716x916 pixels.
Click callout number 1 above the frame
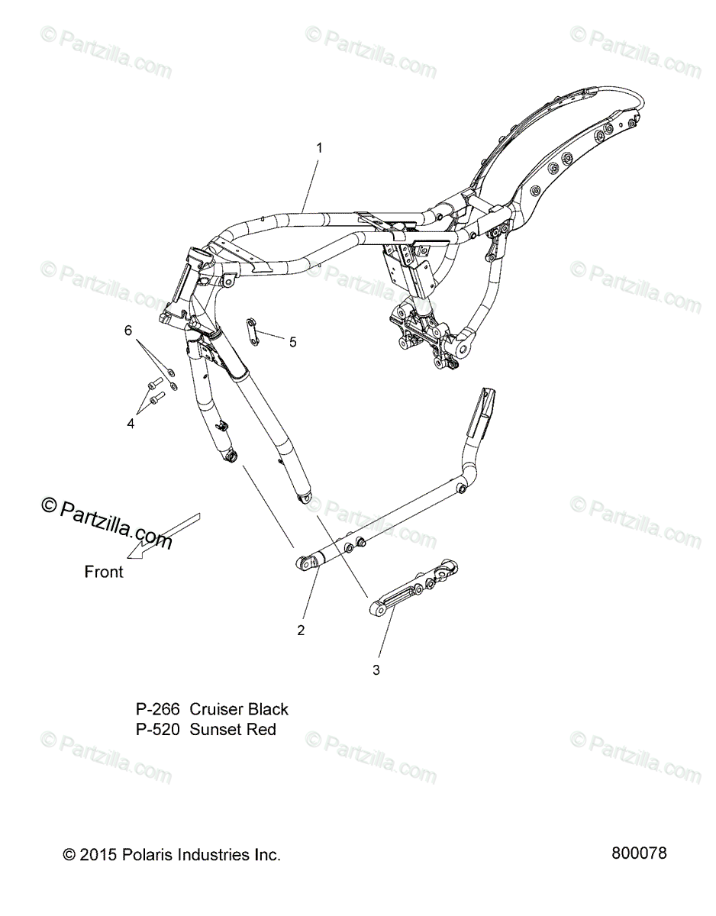(x=319, y=148)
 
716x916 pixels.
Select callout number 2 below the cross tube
(x=301, y=630)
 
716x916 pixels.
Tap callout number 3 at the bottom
(x=376, y=670)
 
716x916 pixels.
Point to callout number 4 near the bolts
(x=131, y=423)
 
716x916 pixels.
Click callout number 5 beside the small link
(x=292, y=342)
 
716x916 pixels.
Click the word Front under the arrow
(x=104, y=572)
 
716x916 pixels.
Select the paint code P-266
(x=158, y=709)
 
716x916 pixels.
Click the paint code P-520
(x=158, y=730)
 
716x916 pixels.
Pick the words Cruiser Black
(x=239, y=709)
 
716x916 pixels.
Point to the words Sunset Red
(x=233, y=730)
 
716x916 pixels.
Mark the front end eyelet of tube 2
(x=323, y=563)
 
